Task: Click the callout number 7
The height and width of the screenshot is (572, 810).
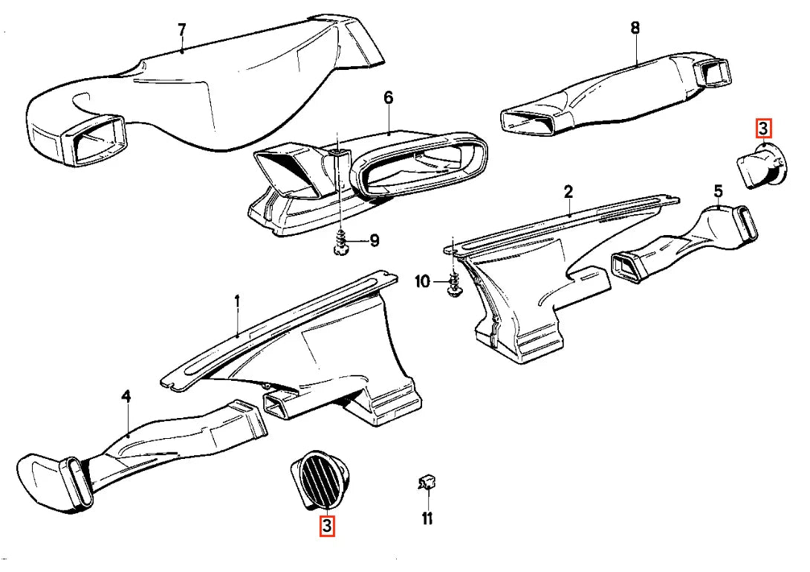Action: (x=181, y=30)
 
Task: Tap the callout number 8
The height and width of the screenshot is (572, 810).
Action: (x=635, y=28)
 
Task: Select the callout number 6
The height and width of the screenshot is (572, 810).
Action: (x=389, y=97)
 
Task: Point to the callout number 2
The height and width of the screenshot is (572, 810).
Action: (x=568, y=193)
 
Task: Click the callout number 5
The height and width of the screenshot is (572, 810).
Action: (x=719, y=192)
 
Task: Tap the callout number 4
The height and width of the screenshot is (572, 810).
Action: (x=126, y=397)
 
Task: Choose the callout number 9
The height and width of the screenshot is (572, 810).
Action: (x=374, y=240)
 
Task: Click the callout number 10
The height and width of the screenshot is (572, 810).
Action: (x=423, y=282)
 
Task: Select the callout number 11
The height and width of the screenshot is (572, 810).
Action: (x=427, y=518)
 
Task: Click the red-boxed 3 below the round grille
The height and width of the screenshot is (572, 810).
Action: (x=327, y=526)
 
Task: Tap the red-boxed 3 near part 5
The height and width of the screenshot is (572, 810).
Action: (x=763, y=129)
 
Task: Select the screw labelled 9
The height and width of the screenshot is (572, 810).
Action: (x=340, y=243)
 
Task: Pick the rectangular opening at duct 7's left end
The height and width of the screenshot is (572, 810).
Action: (x=95, y=140)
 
